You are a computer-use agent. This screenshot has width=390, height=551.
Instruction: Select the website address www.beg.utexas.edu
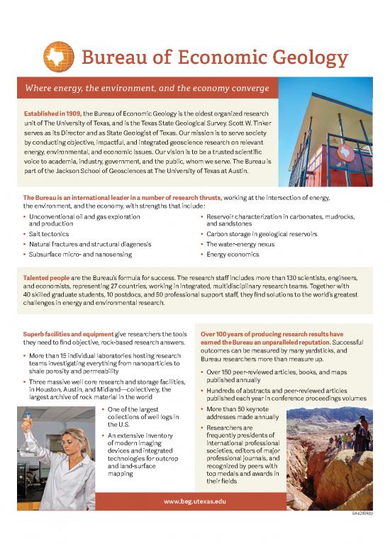(x=194, y=501)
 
